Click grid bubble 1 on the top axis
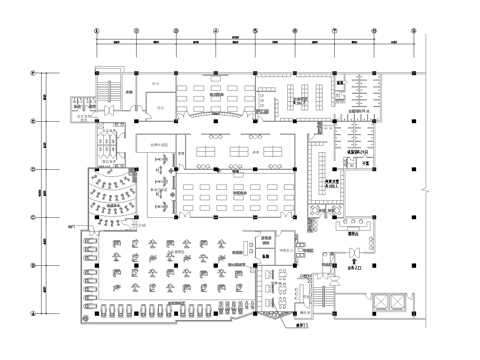point(96,31)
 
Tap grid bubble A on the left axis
point(33,312)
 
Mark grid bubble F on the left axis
point(33,73)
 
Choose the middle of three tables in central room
point(240,151)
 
